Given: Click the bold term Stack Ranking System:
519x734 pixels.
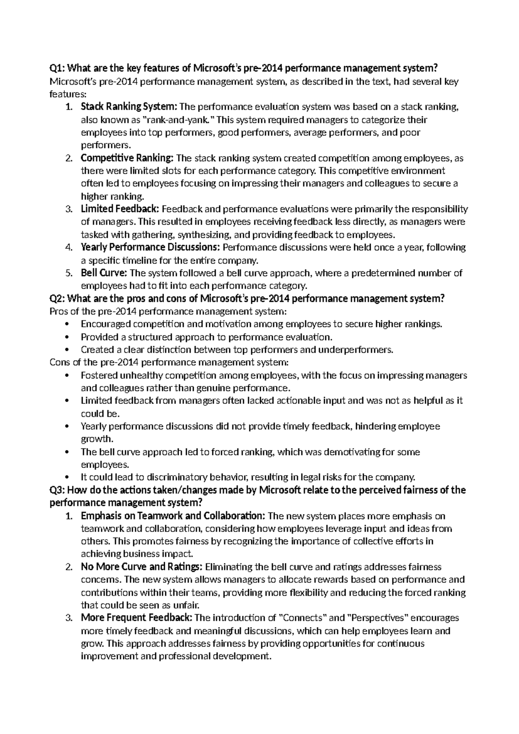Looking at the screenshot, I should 129,106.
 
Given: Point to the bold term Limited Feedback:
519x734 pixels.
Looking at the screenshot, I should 120,209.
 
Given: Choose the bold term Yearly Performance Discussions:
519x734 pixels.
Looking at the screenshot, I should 151,247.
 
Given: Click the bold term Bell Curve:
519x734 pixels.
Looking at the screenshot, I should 104,273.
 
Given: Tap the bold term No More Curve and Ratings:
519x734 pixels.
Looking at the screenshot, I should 141,567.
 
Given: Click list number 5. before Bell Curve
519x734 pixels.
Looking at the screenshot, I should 68,273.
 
